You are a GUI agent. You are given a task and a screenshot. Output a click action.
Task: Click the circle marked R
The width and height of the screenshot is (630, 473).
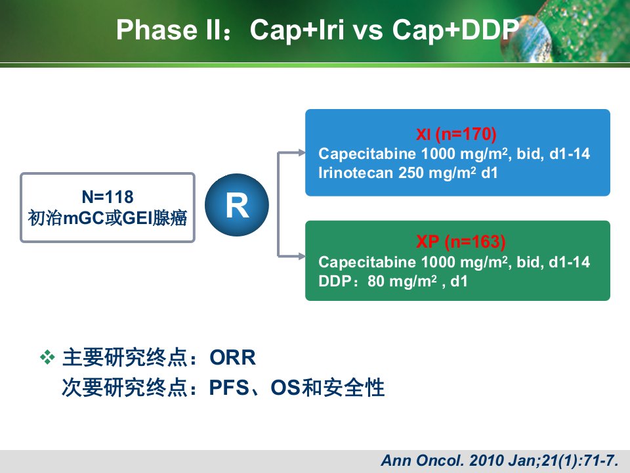pos(237,205)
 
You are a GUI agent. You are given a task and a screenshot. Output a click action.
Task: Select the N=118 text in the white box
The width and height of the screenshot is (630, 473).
pos(107,197)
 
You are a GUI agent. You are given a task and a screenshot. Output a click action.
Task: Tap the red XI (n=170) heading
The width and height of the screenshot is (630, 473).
pos(457,134)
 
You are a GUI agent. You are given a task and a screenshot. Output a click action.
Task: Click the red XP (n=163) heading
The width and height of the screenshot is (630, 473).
pos(461,241)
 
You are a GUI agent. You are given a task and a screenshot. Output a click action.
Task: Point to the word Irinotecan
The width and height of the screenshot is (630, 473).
pos(356,173)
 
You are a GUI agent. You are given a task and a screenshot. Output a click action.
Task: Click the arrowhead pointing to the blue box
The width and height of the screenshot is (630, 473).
pos(301,152)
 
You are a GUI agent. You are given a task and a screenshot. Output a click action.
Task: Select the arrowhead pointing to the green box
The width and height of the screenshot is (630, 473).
pos(301,256)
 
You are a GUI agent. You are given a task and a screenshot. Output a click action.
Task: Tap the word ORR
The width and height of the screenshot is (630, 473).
pos(232,357)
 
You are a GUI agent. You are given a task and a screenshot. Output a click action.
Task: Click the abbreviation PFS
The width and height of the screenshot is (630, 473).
pos(229,388)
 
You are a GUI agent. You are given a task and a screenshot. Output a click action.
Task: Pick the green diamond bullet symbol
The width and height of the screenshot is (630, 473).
pos(47,357)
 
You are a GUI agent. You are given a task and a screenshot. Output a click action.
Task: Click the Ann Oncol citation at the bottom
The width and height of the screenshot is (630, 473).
pos(499,460)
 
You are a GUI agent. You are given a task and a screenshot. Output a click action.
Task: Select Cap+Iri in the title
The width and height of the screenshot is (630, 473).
pos(297,30)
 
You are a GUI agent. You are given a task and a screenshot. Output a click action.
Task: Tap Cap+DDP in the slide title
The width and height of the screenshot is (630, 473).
pos(455,30)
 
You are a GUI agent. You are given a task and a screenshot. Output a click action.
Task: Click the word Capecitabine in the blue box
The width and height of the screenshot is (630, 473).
pos(367,154)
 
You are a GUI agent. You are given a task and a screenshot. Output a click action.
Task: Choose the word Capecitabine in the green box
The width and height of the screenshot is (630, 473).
pos(367,262)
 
